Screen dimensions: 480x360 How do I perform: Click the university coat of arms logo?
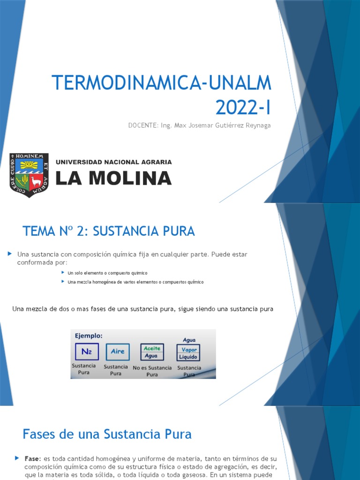click(29, 175)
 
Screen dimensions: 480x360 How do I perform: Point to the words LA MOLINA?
click(114, 178)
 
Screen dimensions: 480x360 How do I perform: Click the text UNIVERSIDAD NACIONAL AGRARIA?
click(114, 162)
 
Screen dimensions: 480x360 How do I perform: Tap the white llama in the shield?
click(36, 181)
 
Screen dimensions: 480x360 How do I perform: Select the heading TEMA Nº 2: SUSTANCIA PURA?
click(108, 231)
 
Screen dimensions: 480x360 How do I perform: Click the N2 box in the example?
click(86, 352)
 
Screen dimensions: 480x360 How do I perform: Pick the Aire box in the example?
click(118, 352)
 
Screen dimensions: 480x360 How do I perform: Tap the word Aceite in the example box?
click(152, 348)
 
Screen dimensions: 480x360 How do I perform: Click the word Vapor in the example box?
click(189, 350)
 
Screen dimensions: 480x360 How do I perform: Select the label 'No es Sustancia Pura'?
click(152, 371)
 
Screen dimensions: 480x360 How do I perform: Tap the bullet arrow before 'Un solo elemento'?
click(63, 272)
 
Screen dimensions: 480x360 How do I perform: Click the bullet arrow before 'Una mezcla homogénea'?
click(63, 282)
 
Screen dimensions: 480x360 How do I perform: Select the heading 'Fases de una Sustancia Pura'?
click(107, 434)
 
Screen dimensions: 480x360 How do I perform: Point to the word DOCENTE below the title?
click(143, 126)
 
